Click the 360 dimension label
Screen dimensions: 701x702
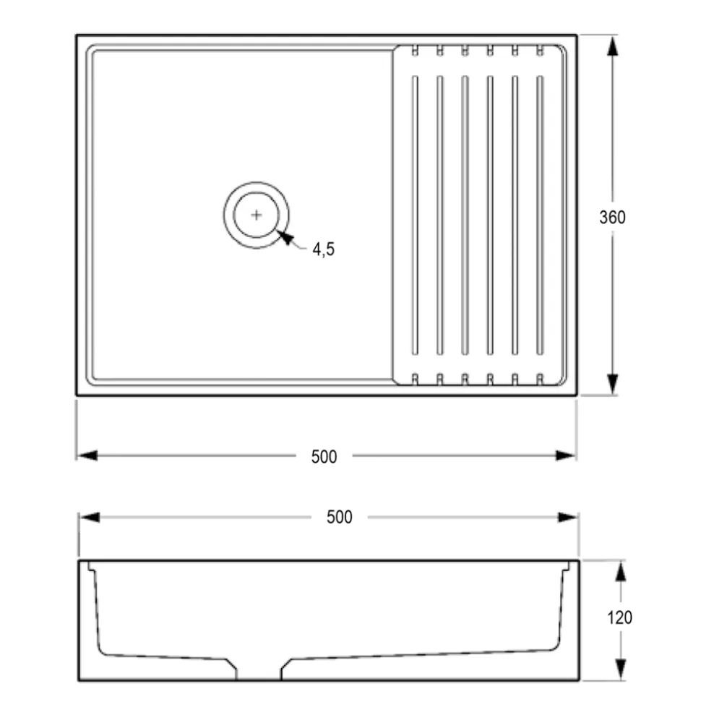(612, 217)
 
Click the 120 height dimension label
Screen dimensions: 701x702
(619, 617)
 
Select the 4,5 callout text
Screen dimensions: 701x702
(323, 249)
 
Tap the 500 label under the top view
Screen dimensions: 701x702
(324, 457)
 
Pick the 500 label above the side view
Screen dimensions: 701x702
(339, 517)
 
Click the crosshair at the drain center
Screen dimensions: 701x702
(256, 215)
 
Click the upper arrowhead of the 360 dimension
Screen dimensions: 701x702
(612, 46)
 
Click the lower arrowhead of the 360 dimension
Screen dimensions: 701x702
(612, 384)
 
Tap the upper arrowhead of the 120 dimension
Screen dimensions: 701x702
(620, 571)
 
